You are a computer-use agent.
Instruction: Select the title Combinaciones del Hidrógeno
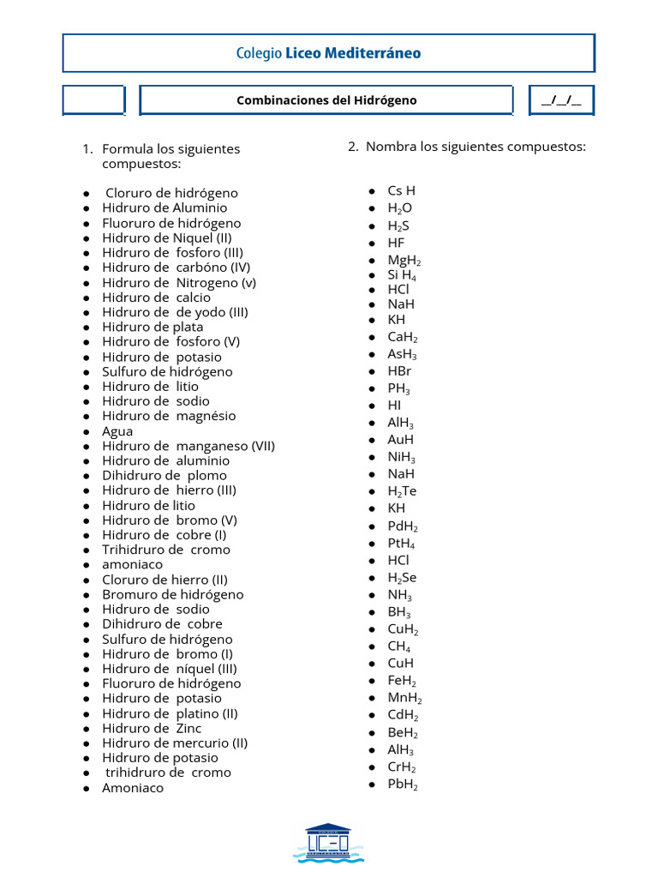tap(326, 100)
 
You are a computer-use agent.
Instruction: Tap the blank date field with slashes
tap(561, 100)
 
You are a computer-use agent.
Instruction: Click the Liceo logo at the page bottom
tap(328, 843)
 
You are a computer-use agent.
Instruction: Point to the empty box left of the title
tap(93, 99)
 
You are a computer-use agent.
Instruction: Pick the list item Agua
tap(117, 431)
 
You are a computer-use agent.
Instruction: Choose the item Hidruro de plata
tap(153, 327)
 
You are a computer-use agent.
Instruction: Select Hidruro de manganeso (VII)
tap(188, 446)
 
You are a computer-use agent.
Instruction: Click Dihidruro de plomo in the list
tap(164, 476)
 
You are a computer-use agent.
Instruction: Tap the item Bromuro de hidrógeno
tap(172, 595)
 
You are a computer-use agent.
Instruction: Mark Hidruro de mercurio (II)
tap(175, 743)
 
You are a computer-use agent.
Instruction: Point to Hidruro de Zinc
tap(152, 729)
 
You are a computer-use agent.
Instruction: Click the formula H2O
tap(399, 208)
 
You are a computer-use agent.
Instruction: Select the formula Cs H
tap(401, 190)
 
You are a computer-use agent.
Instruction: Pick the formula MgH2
tap(404, 261)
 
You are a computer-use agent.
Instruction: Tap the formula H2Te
tap(402, 491)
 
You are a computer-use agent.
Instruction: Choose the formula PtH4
tap(402, 544)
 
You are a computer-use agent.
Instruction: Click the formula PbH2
tap(403, 785)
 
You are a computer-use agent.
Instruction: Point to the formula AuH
tap(400, 439)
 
